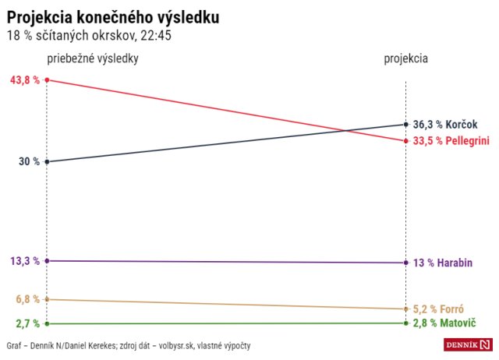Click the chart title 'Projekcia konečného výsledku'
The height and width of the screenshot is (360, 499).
point(113,17)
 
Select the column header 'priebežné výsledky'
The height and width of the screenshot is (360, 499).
point(93,59)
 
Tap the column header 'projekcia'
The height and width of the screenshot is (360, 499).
point(405,59)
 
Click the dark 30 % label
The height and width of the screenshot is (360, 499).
point(30,161)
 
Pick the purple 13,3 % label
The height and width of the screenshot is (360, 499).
point(25,261)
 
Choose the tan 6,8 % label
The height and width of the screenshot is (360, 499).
point(27,299)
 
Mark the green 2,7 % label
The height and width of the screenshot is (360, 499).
point(27,323)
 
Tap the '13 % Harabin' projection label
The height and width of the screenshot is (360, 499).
point(443,263)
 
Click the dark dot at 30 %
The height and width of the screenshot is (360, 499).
point(48,162)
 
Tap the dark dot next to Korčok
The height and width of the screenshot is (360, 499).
point(406,124)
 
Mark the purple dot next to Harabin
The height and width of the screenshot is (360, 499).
point(406,263)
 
